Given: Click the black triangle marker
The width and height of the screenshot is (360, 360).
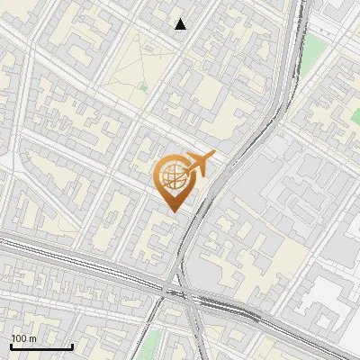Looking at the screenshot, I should tap(181, 24).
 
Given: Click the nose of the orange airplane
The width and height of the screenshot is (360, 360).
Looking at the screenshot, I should tap(212, 155).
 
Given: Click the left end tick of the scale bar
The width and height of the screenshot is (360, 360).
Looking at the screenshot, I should tap(11, 346).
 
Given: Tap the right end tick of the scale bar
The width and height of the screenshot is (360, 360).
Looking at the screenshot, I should tap(72, 346).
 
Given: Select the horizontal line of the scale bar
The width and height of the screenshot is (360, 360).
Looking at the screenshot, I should tap(41, 347).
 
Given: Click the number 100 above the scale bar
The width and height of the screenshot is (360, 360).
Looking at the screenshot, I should tap(19, 338).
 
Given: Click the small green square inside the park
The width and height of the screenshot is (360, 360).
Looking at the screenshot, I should tap(142, 87).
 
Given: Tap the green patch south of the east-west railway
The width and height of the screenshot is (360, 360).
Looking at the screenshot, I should tap(153, 342).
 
